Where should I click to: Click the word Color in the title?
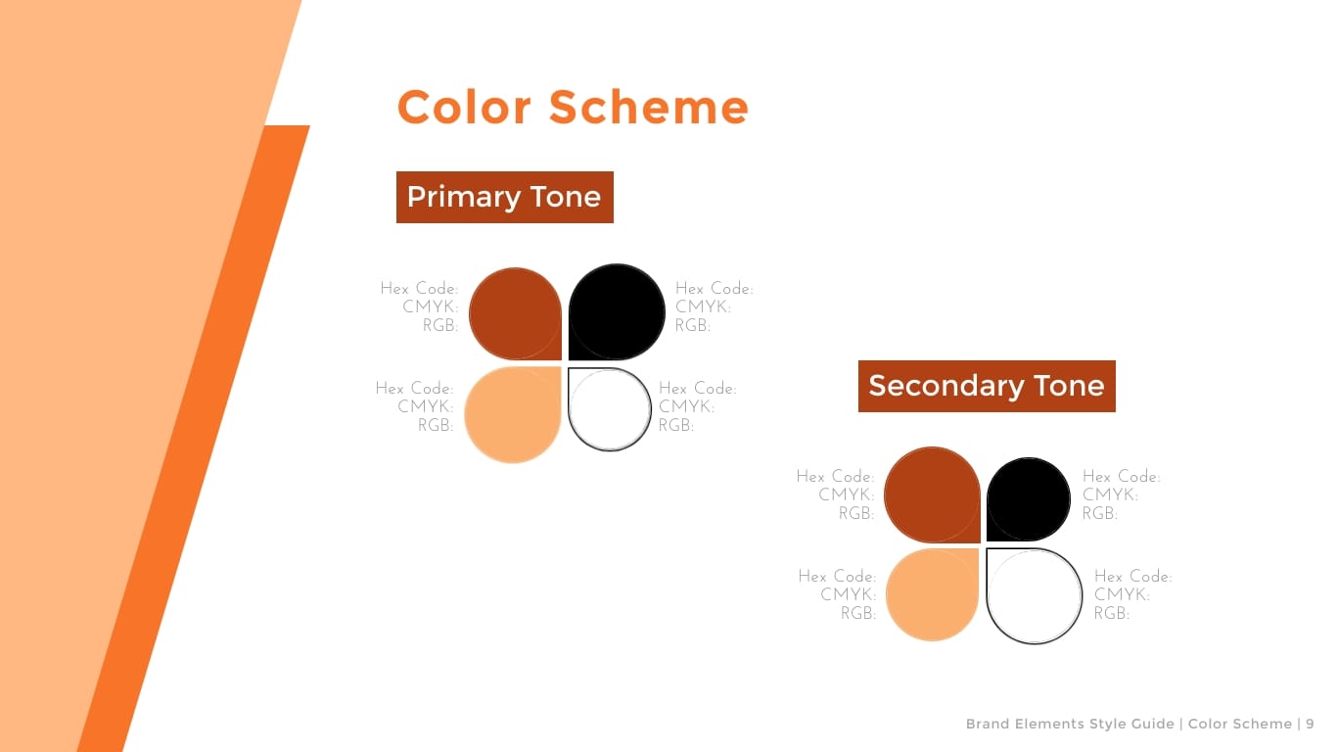[464, 108]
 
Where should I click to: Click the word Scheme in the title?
[649, 108]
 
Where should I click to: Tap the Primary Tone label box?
[505, 197]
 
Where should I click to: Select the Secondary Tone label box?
[987, 386]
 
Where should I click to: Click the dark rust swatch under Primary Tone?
[515, 313]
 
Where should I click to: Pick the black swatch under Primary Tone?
[617, 312]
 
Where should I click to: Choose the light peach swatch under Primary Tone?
[513, 414]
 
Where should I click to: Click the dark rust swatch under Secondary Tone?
[932, 495]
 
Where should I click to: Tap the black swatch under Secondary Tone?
[1029, 499]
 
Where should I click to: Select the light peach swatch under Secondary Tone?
[933, 595]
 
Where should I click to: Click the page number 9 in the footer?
[1310, 724]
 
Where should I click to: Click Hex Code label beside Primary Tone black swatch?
[715, 289]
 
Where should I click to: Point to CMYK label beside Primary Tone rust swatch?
[431, 307]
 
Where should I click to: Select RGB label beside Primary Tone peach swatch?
[436, 425]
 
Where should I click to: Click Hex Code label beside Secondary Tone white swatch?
[1133, 577]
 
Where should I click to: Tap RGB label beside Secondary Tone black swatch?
[1100, 514]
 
